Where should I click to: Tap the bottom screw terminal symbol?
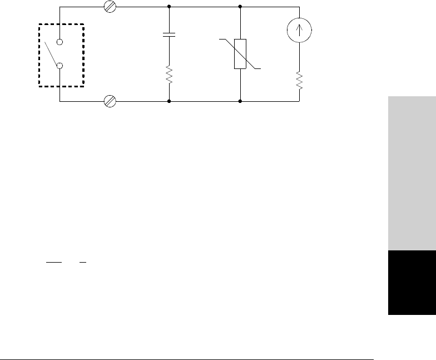110,102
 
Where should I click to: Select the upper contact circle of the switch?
60,42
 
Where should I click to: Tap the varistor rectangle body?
240,54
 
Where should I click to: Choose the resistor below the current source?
300,80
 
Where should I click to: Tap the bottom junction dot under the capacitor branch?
169,102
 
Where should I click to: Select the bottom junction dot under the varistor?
240,102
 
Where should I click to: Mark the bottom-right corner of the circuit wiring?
300,102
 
